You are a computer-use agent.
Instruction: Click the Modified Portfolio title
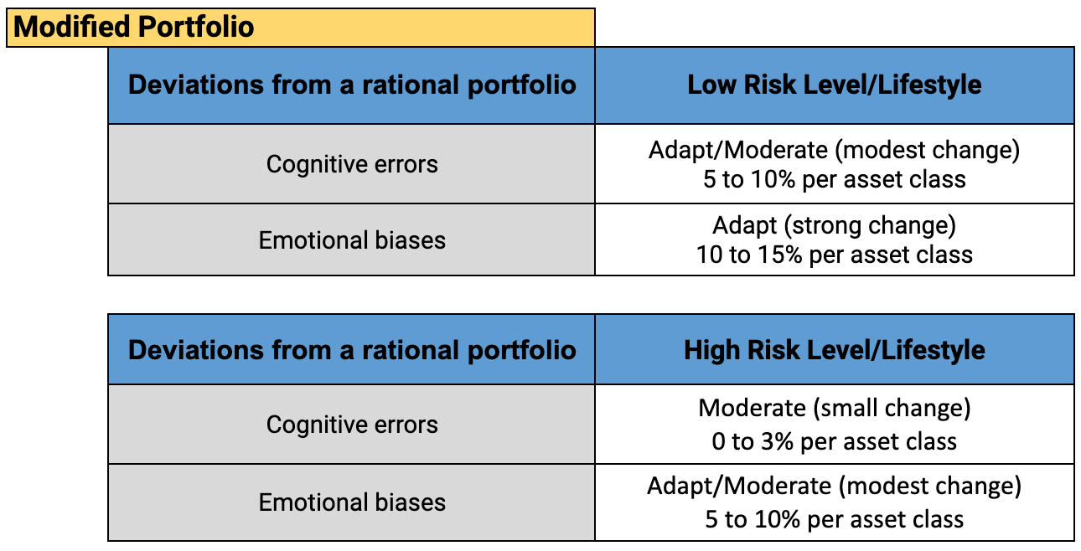point(134,27)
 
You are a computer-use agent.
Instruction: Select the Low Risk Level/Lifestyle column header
point(835,85)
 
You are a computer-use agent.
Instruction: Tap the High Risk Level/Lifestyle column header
point(835,350)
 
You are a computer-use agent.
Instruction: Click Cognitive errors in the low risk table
point(352,164)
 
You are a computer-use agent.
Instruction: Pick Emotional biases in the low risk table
point(352,240)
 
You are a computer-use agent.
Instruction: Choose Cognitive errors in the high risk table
point(352,425)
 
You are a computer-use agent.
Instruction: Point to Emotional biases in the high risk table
point(352,502)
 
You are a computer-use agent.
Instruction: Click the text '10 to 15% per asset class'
point(835,255)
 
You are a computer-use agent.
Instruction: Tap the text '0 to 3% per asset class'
point(835,441)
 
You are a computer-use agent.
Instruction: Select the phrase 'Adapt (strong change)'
point(835,225)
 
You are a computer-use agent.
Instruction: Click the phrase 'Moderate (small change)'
point(835,409)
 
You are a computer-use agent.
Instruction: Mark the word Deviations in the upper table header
point(196,85)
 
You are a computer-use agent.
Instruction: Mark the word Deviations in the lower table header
point(196,350)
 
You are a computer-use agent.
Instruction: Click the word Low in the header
point(711,85)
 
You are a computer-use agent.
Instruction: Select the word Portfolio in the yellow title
point(196,27)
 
